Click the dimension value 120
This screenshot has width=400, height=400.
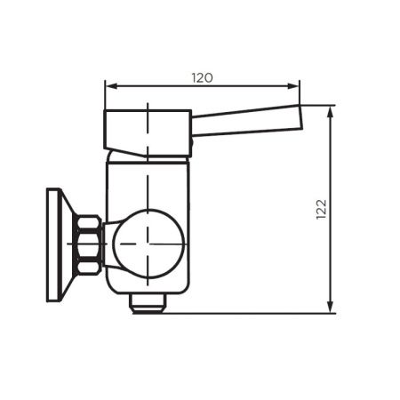click(x=202, y=77)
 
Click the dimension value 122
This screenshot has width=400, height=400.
click(x=321, y=209)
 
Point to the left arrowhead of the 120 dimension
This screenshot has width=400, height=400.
click(x=109, y=86)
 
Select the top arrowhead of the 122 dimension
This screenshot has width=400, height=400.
click(x=331, y=109)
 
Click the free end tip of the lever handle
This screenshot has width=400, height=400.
click(x=300, y=117)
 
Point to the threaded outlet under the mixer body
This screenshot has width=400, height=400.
click(x=148, y=303)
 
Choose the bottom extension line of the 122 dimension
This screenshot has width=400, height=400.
click(x=258, y=313)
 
